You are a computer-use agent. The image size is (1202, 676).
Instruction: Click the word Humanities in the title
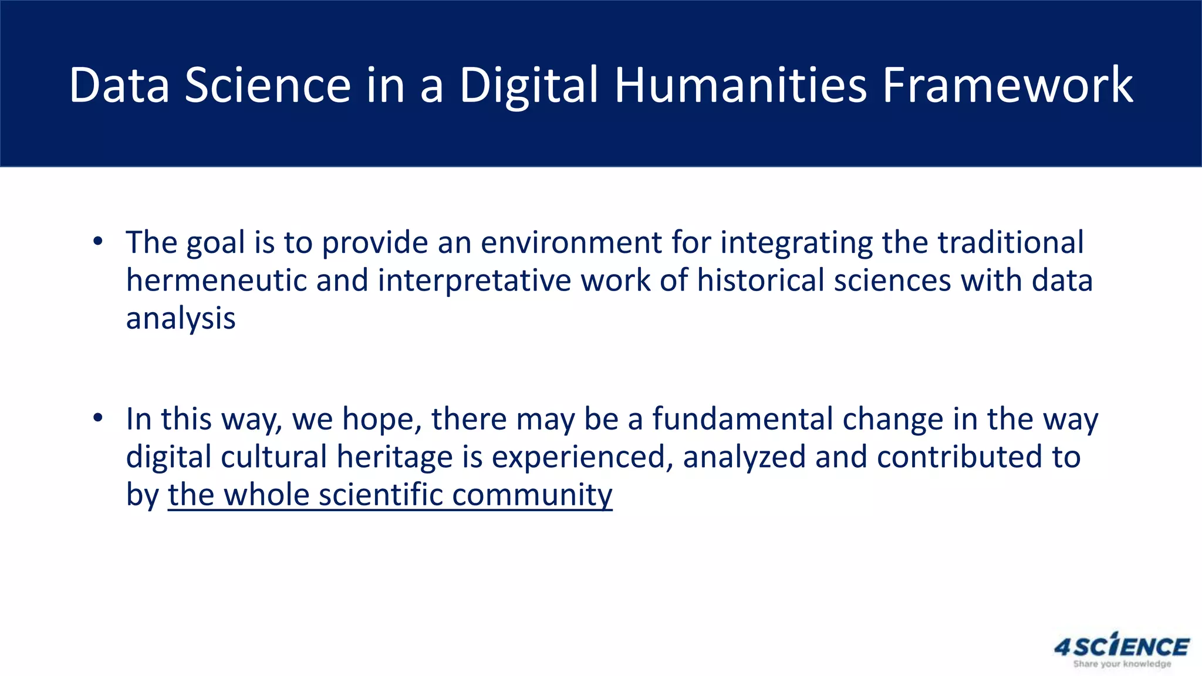pos(740,86)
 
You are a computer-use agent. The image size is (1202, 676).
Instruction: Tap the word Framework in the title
pos(1008,86)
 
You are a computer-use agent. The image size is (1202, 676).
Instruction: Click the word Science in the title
pos(268,86)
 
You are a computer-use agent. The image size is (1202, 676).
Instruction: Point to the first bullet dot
pos(98,241)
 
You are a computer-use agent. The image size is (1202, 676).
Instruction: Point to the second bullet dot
pos(98,418)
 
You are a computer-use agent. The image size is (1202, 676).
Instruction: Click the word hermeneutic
pos(217,280)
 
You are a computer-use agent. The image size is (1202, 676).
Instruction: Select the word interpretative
pos(474,280)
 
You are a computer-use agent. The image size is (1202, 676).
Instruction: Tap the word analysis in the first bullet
pos(181,319)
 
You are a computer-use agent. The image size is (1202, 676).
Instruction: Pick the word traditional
pos(1010,242)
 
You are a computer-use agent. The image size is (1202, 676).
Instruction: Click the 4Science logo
pos(1122,646)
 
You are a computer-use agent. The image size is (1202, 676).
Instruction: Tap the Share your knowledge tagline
pos(1122,664)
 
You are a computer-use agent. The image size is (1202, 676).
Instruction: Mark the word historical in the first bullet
pos(761,280)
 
